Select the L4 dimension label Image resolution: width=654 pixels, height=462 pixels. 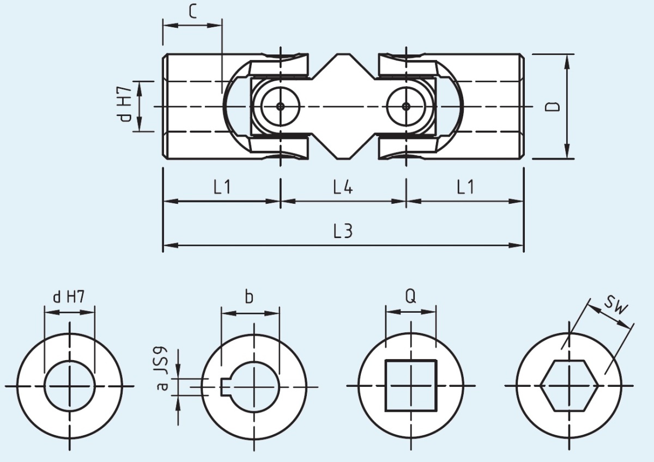coord(343,187)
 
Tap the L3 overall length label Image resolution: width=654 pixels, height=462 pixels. coord(343,232)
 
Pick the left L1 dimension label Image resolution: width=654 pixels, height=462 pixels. coord(222,187)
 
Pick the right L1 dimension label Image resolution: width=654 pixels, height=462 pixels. coord(465,187)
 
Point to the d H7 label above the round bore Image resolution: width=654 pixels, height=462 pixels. coord(69,297)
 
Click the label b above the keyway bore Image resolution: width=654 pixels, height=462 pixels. coord(249,297)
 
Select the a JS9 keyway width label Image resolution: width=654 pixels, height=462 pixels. coord(162,369)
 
